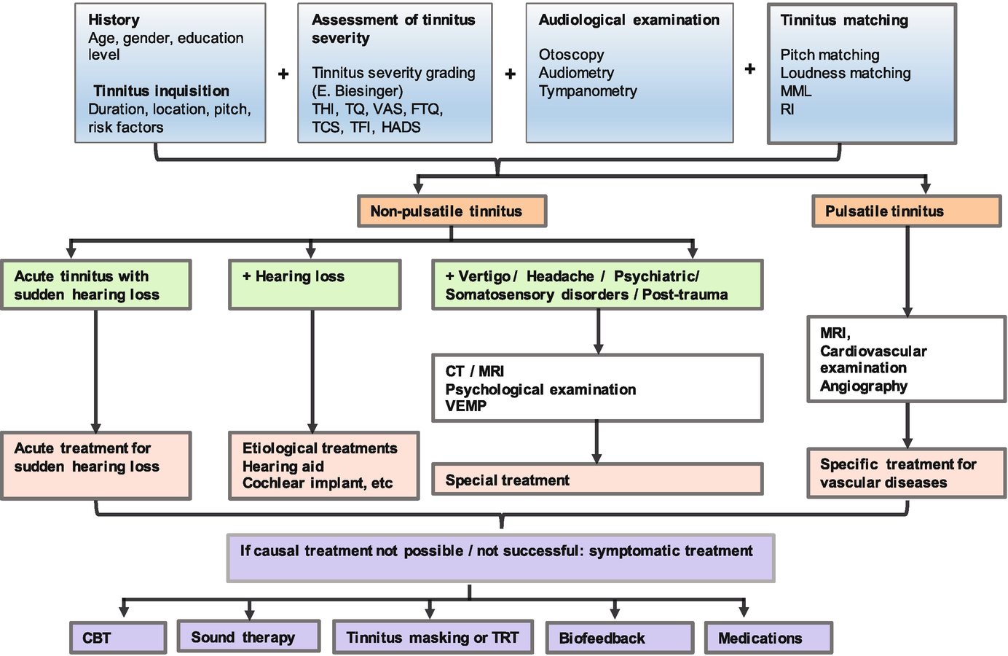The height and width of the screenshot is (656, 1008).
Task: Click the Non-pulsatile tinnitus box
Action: pyautogui.click(x=452, y=211)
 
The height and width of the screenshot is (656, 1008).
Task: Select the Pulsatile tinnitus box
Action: pyautogui.click(x=906, y=211)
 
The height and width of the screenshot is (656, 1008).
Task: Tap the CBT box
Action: pyautogui.click(x=118, y=638)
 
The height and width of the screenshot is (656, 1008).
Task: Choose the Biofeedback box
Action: pyautogui.click(x=619, y=638)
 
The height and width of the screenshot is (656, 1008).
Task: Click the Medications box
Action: pyautogui.click(x=768, y=638)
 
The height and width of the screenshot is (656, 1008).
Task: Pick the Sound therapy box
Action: pyautogui.click(x=248, y=636)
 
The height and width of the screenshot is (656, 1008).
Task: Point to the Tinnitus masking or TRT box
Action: pyautogui.click(x=433, y=637)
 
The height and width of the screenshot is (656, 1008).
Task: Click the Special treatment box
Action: pyautogui.click(x=597, y=480)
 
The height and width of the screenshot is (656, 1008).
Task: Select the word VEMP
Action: pyautogui.click(x=466, y=406)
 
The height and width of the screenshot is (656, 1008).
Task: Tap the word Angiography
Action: pyautogui.click(x=864, y=386)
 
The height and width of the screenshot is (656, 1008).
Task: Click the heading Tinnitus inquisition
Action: pyautogui.click(x=161, y=91)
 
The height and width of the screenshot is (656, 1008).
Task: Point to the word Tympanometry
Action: pyautogui.click(x=588, y=91)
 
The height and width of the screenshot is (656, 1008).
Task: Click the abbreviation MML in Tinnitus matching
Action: pyautogui.click(x=795, y=91)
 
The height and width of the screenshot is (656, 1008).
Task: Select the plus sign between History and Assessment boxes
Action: pyautogui.click(x=283, y=74)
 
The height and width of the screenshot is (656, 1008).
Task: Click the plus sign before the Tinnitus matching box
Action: pyautogui.click(x=750, y=69)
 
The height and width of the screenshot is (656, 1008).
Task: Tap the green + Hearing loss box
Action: pyautogui.click(x=314, y=284)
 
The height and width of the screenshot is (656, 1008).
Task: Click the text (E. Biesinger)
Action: pyautogui.click(x=357, y=91)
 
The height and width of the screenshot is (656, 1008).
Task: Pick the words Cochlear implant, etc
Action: pyautogui.click(x=318, y=483)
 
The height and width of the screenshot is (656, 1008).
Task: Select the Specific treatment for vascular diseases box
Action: pyautogui.click(x=906, y=473)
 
